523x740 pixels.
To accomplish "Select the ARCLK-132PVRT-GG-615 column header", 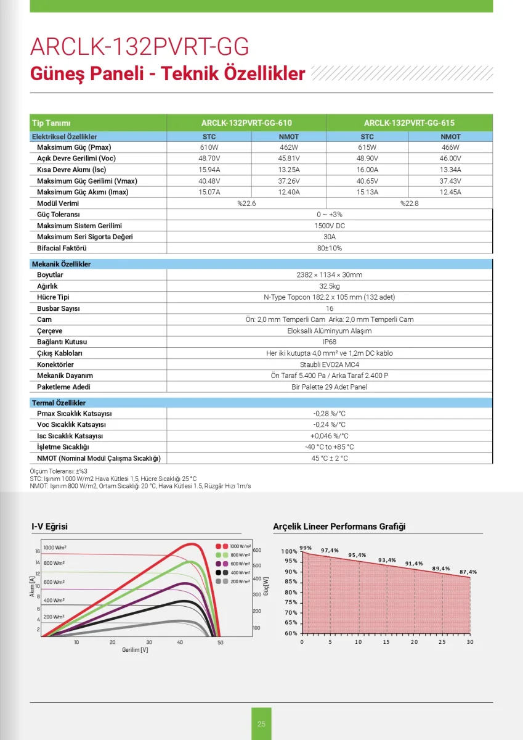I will [x=409, y=123].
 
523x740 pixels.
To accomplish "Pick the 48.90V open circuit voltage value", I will [x=367, y=158].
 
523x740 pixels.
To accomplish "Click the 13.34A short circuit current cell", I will [x=450, y=170].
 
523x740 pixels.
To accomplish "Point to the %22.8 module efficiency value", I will [x=409, y=203].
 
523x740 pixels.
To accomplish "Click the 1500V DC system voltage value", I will [x=330, y=226].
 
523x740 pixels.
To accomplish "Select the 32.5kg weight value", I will [x=330, y=286].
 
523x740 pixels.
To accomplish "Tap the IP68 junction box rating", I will [x=330, y=342].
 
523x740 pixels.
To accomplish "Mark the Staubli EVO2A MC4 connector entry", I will [x=330, y=364].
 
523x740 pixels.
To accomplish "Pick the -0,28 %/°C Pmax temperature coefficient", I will [x=330, y=413].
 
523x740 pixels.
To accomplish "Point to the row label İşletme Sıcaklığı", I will [x=63, y=446].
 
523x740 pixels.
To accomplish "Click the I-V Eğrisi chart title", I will [x=49, y=527].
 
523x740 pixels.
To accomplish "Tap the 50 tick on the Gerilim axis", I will [x=221, y=643].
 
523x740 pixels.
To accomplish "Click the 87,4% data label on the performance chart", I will [x=468, y=572].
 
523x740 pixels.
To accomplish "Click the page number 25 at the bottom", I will [x=261, y=723].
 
